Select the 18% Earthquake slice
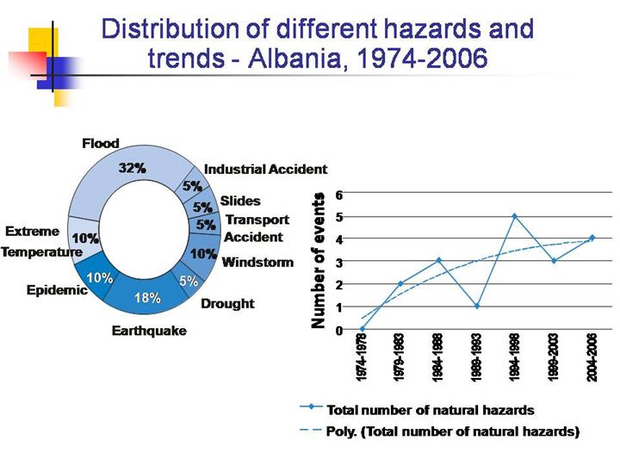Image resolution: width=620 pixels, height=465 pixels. [x=147, y=298]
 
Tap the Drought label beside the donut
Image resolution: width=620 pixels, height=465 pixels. [x=227, y=303]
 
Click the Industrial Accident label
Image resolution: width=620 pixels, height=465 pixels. [x=265, y=170]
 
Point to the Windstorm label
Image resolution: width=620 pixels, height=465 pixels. [x=257, y=262]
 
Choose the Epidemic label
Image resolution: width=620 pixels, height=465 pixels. [x=57, y=290]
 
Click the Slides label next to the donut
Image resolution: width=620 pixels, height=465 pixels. [x=240, y=201]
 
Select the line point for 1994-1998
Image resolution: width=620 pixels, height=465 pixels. [x=514, y=216]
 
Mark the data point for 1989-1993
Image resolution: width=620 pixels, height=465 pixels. [x=476, y=306]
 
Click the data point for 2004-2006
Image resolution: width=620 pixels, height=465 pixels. [x=592, y=238]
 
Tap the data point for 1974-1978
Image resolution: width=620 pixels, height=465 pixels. [x=362, y=328]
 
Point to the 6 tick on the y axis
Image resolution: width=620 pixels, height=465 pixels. [x=339, y=194]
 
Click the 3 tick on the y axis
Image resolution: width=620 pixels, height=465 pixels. [x=339, y=262]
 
